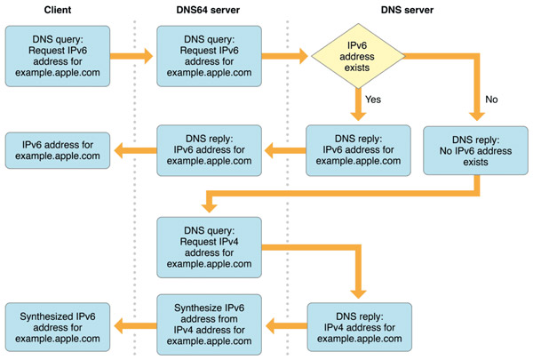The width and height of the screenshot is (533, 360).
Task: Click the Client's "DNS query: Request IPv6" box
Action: pyautogui.click(x=57, y=56)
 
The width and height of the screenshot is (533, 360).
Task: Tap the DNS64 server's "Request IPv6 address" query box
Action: pyautogui.click(x=209, y=56)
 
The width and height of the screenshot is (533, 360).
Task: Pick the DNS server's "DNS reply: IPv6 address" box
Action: pyautogui.click(x=359, y=147)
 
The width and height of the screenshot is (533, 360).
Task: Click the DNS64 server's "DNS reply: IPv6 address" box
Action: pyautogui.click(x=209, y=147)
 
